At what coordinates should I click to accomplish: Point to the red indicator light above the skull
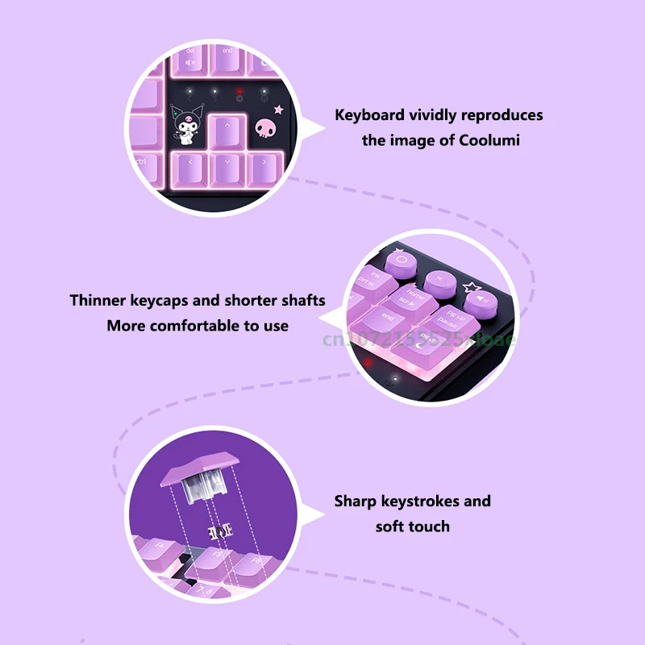pos(239,92)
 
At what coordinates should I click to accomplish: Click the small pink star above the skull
pos(280,109)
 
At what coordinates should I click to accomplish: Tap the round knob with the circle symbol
pos(401,261)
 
